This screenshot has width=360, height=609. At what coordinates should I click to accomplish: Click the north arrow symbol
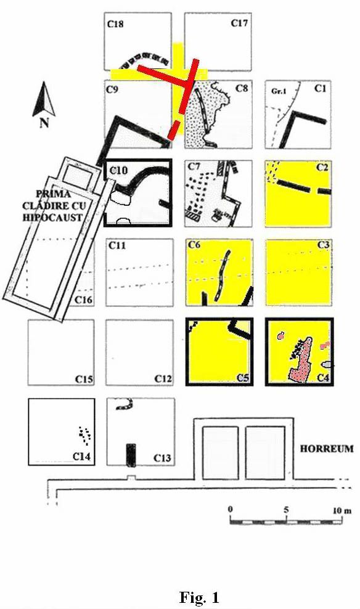[44, 99]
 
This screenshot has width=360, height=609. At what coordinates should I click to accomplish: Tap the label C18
[115, 24]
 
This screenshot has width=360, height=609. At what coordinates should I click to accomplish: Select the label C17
[239, 23]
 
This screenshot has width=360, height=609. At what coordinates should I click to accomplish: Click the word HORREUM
[327, 449]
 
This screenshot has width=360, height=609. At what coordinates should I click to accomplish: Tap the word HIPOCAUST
[53, 217]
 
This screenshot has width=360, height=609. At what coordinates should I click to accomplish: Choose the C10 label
[118, 170]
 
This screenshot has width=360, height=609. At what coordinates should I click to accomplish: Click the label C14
[82, 456]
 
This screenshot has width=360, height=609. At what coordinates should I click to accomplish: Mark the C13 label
[162, 458]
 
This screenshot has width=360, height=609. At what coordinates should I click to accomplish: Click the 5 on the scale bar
[286, 510]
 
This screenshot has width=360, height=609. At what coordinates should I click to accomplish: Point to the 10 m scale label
[342, 510]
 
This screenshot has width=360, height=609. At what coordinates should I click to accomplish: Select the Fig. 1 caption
[199, 597]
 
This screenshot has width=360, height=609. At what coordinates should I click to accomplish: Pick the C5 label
[242, 377]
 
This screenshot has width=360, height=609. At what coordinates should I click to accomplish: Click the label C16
[83, 300]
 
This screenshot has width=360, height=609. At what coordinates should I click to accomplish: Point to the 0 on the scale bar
[231, 510]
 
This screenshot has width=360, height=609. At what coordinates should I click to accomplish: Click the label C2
[322, 168]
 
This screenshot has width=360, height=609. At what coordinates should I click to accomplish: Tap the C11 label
[117, 245]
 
